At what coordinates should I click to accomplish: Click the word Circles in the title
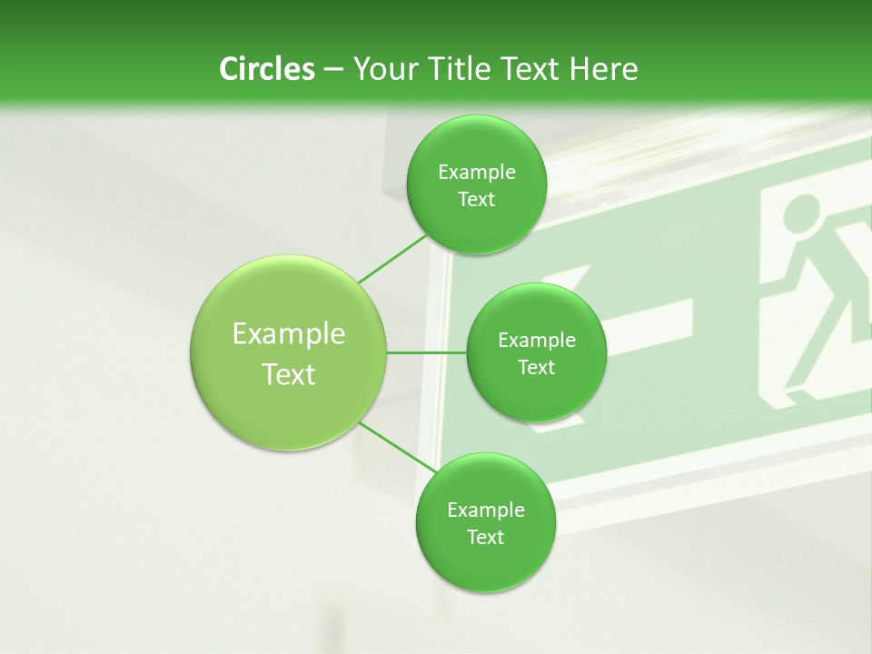point(266,69)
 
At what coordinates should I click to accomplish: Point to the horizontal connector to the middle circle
point(427,352)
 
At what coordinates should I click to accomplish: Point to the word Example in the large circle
point(289,334)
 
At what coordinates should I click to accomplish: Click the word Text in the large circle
point(289,374)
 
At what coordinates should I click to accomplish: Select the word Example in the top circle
point(477,173)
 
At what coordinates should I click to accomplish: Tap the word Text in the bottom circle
point(485,537)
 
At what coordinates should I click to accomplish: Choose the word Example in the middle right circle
point(537,341)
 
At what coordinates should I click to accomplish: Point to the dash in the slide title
point(332,70)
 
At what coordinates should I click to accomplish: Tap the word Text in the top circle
point(476,200)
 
